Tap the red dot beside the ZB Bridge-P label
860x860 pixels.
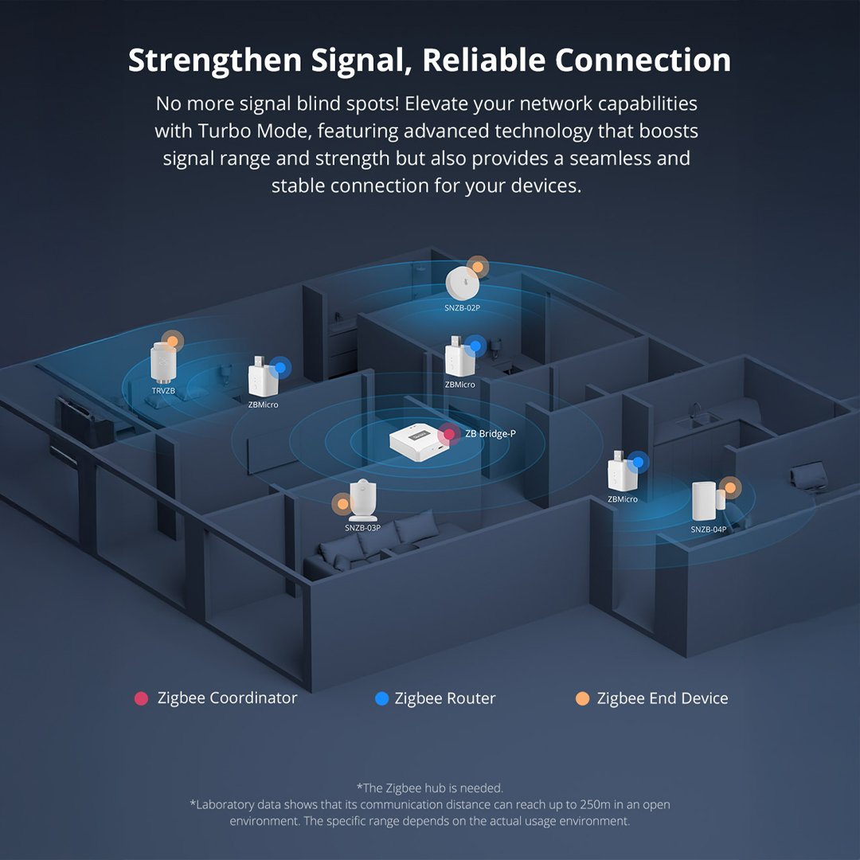tap(449, 434)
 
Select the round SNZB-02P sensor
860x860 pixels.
tap(462, 283)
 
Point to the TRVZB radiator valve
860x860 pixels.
tap(163, 362)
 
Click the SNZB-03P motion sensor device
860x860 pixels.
tap(362, 500)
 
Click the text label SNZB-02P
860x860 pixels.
tap(462, 307)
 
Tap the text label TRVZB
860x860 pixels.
tap(163, 391)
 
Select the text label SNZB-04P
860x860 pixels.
tap(708, 530)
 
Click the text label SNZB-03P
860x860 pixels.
tap(362, 527)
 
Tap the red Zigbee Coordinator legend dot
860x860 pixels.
tap(142, 698)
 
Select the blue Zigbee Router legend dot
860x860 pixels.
tap(381, 698)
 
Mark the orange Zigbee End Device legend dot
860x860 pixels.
tap(582, 698)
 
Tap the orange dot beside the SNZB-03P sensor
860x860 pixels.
tap(342, 503)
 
